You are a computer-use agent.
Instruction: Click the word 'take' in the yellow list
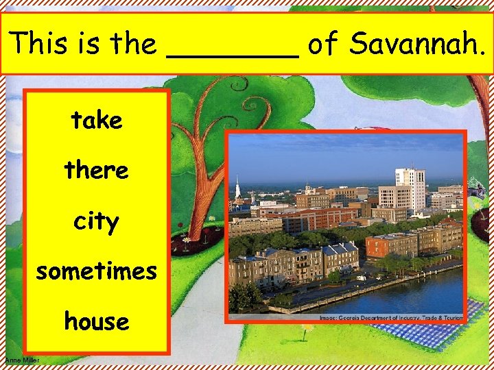click(x=96, y=121)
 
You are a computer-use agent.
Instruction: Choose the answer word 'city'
click(x=96, y=221)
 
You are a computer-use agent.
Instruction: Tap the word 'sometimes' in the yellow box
click(x=96, y=271)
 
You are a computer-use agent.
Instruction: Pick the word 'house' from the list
click(x=96, y=321)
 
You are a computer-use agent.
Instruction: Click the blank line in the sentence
click(x=233, y=55)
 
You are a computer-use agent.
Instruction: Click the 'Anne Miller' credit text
click(x=22, y=360)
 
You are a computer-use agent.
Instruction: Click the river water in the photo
click(x=412, y=291)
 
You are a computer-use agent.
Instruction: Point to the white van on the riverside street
click(x=361, y=278)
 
